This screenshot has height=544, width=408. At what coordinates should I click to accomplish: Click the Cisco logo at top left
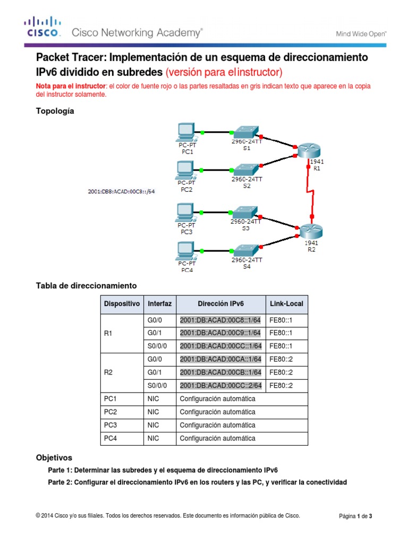pyautogui.click(x=44, y=28)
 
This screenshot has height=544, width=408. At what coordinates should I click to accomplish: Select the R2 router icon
pyautogui.click(x=311, y=231)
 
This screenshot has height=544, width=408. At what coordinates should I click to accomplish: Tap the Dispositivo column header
pyautogui.click(x=122, y=304)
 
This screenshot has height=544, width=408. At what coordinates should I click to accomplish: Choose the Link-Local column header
pyautogui.click(x=286, y=304)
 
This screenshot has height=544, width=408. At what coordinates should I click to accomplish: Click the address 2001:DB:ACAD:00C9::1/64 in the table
pyautogui.click(x=220, y=333)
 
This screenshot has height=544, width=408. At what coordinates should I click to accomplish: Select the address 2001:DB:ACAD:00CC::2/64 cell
pyautogui.click(x=220, y=386)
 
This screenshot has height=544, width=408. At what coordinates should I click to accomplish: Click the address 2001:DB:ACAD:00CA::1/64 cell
pyautogui.click(x=220, y=360)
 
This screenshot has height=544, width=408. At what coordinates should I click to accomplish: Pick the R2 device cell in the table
pyautogui.click(x=109, y=373)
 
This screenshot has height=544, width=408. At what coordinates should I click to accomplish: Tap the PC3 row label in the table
pyautogui.click(x=110, y=425)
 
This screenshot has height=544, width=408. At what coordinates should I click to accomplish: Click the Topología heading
pyautogui.click(x=55, y=111)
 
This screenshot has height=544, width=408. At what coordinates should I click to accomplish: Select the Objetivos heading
pyautogui.click(x=54, y=457)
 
